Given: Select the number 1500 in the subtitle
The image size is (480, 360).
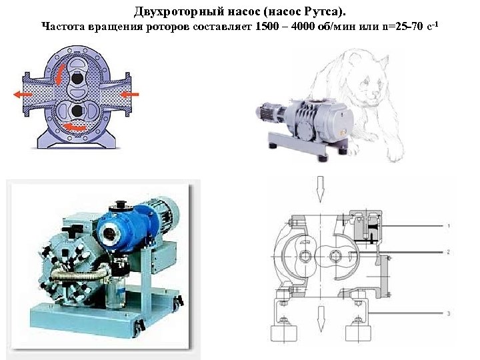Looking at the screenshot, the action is (266, 26).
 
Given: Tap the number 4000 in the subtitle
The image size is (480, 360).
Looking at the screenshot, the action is (303, 26).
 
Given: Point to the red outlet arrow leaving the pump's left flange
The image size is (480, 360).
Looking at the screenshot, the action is (23, 95).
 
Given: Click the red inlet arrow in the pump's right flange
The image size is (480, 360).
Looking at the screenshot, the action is (129, 94).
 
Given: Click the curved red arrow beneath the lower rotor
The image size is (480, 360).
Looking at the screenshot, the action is (75, 126).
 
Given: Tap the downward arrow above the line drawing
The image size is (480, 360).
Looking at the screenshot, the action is (320, 189).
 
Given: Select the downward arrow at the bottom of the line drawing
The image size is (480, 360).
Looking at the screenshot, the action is (321, 319).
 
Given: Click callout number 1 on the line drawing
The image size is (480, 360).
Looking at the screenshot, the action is (449, 226).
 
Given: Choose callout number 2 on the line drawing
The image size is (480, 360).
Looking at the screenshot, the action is (448, 252).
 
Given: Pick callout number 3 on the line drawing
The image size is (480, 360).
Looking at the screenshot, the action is (449, 313).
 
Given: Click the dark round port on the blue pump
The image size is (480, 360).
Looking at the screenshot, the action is (109, 234).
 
